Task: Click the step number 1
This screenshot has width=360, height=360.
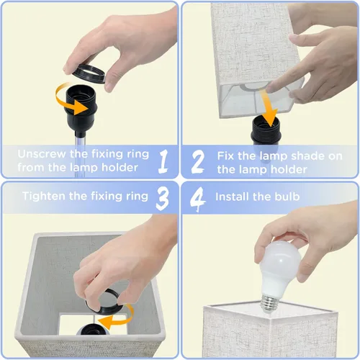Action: [x=163, y=161]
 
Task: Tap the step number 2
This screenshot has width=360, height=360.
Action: [x=198, y=161]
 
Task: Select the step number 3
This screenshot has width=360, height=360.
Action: [x=163, y=199]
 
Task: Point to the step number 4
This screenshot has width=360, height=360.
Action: [x=197, y=199]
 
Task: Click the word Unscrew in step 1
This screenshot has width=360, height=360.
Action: [x=42, y=154]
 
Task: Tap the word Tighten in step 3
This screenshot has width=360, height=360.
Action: [x=44, y=196]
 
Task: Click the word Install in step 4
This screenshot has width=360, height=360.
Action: [x=232, y=197]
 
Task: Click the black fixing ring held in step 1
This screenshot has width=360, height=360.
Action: [x=89, y=73]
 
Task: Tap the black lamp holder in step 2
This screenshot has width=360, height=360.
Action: [x=266, y=131]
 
